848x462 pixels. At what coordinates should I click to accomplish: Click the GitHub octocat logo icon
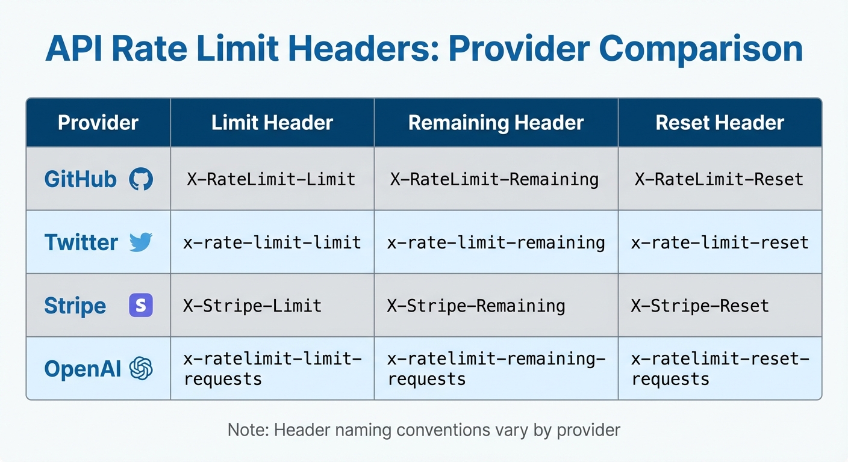141,179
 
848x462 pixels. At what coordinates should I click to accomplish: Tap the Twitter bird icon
141,242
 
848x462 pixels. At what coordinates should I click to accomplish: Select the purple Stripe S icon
141,306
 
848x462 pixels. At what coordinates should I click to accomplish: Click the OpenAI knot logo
141,369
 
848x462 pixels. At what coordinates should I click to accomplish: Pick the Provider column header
98,123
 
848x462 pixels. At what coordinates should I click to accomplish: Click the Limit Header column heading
272,123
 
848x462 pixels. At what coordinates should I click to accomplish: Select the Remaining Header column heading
496,123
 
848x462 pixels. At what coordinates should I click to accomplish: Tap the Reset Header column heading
720,123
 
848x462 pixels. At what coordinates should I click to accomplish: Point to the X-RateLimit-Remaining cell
494,179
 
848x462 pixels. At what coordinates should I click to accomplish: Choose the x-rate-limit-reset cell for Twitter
720,242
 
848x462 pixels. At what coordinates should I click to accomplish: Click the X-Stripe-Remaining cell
476,306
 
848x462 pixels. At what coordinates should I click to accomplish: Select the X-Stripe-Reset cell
700,306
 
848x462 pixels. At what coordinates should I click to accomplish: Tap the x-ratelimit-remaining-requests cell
496,369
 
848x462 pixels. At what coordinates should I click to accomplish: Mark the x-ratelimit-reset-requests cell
720,369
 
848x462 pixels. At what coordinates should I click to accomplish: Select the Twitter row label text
81,242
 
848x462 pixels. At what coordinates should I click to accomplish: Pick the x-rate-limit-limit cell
272,242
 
